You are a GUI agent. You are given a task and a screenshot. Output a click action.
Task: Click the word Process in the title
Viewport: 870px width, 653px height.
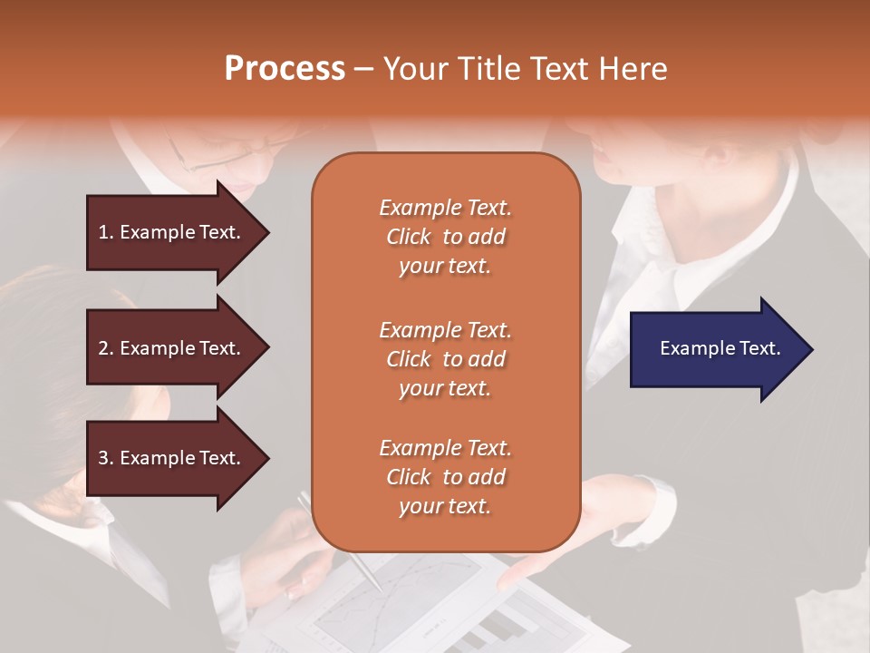[285, 69]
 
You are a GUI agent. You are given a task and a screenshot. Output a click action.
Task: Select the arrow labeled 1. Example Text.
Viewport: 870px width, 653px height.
[172, 232]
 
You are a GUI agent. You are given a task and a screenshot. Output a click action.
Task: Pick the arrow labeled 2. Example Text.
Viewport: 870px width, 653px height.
[172, 348]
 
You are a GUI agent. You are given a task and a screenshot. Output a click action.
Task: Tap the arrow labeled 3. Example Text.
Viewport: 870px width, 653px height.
[172, 458]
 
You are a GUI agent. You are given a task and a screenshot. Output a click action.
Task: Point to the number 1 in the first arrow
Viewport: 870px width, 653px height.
[103, 232]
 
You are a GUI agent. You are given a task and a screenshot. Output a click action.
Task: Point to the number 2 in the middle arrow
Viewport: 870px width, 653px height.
[103, 348]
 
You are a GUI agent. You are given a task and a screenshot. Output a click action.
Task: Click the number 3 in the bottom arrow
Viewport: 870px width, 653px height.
[103, 458]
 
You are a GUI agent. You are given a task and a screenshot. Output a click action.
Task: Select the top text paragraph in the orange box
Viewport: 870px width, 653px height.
[445, 237]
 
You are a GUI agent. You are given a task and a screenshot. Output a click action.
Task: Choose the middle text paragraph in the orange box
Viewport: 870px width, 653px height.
[445, 359]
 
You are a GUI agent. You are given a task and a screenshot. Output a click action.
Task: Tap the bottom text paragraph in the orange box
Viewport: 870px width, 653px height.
[445, 477]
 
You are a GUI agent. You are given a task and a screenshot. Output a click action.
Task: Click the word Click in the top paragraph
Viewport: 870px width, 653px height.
[409, 237]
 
